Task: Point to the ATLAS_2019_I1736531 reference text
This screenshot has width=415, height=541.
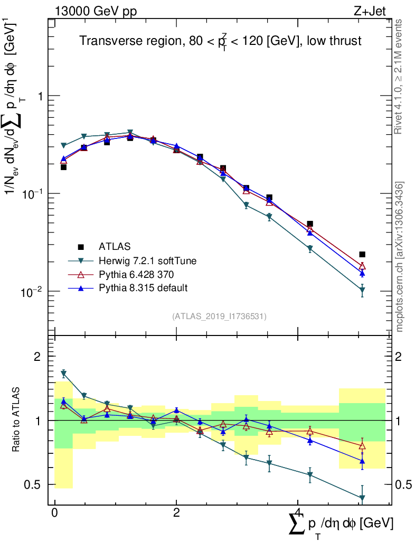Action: coord(219,316)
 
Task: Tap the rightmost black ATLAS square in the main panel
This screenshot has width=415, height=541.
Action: coord(362,255)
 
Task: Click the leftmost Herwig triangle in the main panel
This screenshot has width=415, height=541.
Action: coord(64,145)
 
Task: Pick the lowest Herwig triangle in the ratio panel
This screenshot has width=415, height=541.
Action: coord(362,498)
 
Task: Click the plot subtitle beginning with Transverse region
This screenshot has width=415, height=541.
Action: coord(220,41)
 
